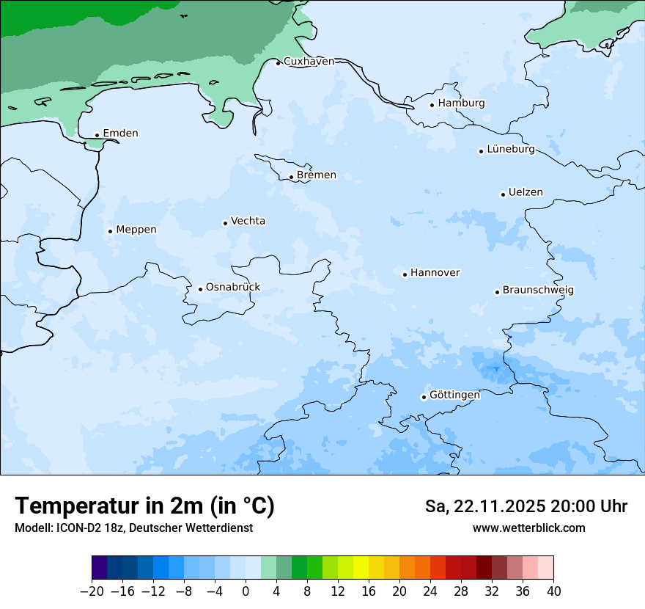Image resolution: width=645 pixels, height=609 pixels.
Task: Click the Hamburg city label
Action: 461,103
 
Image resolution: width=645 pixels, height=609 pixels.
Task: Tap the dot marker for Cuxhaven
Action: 278,63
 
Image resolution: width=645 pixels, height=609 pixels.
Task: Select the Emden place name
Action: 120,134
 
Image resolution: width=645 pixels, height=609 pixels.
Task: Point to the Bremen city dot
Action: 291,177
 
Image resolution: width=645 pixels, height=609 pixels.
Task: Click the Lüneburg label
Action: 510,150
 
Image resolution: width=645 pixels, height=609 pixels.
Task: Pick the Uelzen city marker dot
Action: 503,194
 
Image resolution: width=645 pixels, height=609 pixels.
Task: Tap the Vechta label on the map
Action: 248,222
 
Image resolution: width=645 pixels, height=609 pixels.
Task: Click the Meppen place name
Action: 136,230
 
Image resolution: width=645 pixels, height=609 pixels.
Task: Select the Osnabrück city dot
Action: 200,289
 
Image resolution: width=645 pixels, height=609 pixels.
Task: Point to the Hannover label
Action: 435,273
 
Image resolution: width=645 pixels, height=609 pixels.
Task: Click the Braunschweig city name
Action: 538,291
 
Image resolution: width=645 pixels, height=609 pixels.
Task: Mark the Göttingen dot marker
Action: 424,397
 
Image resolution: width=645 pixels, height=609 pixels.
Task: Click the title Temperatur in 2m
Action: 144,506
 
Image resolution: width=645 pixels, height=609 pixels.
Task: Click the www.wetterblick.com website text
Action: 528,528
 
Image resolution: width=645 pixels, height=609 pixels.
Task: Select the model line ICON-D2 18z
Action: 133,528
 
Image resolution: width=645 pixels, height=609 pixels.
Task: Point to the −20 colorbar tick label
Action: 92,591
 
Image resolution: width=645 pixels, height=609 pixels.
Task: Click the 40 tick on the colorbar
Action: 553,591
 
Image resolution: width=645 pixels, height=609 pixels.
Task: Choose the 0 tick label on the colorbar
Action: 246,591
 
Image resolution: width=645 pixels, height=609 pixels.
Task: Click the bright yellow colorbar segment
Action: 361,568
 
